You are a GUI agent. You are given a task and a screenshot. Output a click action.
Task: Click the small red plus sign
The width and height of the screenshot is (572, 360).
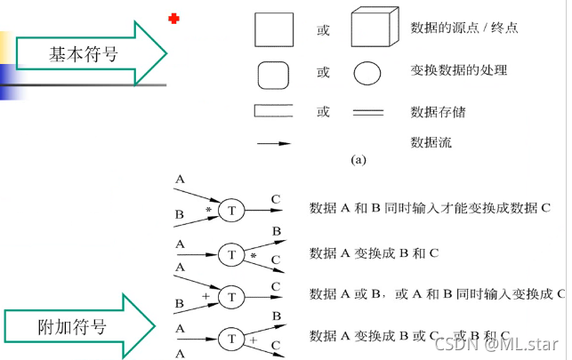click(173, 18)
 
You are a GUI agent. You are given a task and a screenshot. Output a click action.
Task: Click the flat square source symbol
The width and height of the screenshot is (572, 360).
click(274, 28)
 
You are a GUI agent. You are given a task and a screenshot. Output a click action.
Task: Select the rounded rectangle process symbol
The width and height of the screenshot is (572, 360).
click(276, 72)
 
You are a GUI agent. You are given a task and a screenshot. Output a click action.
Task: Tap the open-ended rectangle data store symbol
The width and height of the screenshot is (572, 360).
click(276, 112)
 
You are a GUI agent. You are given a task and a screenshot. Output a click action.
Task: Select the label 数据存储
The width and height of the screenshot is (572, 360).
click(438, 113)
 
